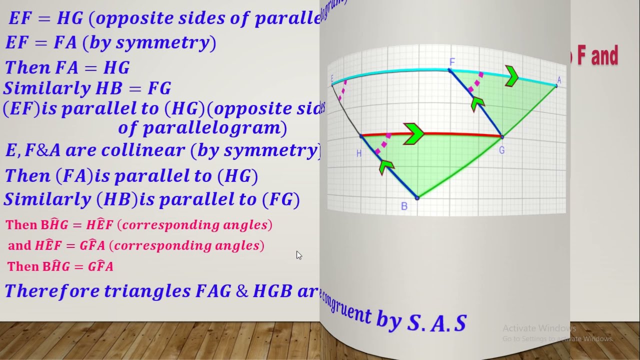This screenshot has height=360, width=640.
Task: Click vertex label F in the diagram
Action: (452, 62)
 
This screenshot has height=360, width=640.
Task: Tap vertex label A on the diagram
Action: (559, 80)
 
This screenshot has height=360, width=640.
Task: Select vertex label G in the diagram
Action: (501, 150)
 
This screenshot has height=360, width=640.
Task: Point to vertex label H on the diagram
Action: (358, 153)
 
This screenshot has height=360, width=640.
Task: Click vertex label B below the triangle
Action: (404, 206)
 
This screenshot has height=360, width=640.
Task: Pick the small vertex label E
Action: (332, 78)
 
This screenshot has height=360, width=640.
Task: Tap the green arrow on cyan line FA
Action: (511, 76)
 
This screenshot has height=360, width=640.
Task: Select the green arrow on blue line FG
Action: (477, 102)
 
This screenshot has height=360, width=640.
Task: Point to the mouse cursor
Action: (298, 255)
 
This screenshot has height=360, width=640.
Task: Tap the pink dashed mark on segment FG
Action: (476, 82)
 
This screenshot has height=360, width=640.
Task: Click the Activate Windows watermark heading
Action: (539, 328)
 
